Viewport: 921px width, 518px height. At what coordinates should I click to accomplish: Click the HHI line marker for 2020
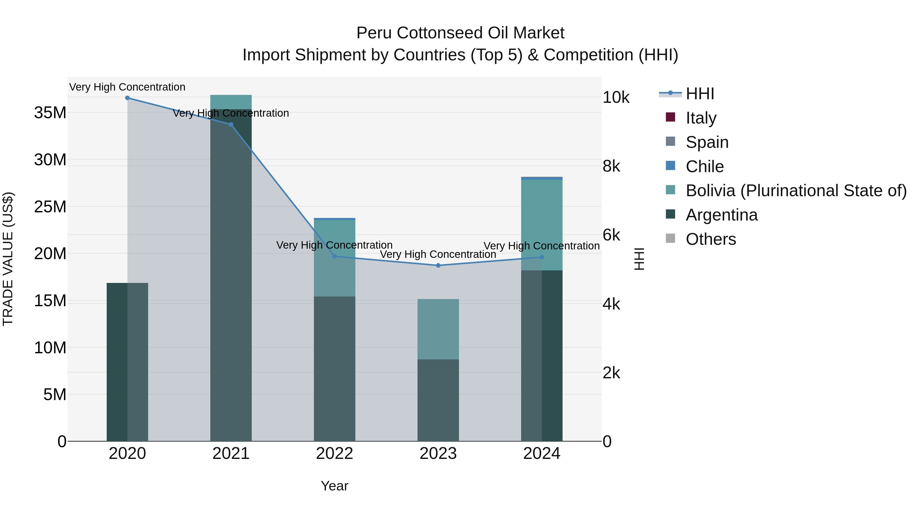[127, 98]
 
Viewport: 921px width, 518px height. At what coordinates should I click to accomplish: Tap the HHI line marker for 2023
[438, 266]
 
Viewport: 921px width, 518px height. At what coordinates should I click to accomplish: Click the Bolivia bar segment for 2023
[438, 329]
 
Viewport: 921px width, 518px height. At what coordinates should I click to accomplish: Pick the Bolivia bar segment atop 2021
[231, 102]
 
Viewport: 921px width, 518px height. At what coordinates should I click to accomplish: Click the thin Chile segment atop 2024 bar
[542, 178]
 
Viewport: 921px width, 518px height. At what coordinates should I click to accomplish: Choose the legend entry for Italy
[701, 118]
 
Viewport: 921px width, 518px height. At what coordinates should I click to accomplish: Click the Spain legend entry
[707, 142]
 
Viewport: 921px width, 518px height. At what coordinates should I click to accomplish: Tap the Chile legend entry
[704, 166]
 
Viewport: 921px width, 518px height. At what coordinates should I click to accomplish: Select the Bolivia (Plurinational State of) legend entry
[796, 191]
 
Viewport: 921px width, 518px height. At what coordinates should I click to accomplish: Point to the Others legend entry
[710, 239]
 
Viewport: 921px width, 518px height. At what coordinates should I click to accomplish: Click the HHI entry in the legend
[700, 94]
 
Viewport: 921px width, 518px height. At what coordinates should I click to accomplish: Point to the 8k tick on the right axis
[611, 166]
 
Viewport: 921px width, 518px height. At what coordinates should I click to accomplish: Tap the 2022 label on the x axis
[335, 454]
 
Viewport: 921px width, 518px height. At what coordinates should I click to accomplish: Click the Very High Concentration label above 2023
[438, 255]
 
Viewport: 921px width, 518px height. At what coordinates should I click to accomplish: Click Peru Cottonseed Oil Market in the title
[460, 33]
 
